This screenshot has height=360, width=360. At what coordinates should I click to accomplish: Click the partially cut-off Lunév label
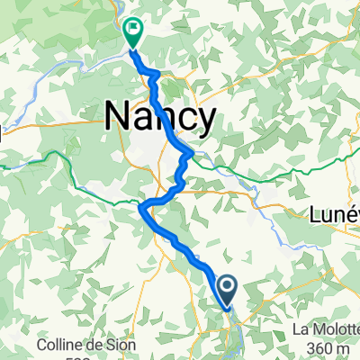point(333,216)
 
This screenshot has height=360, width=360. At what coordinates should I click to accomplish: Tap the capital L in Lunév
point(314,216)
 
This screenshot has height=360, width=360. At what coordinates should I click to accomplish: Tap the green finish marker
point(133,32)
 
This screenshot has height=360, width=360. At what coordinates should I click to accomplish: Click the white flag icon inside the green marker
point(133,28)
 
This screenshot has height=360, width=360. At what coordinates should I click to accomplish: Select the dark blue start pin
point(227,291)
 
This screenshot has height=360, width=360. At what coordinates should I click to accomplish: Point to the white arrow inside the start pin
point(227,288)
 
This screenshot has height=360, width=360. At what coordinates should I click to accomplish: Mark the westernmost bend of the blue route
point(141,208)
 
